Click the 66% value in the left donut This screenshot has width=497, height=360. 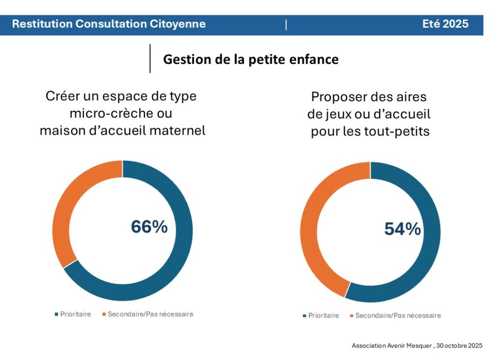coord(149,227)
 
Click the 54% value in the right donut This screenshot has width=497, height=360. coord(402,229)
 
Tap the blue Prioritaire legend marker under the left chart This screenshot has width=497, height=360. coord(56,314)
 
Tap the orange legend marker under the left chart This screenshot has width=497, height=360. coord(104,314)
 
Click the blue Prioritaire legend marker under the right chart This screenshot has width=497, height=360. coord(304,316)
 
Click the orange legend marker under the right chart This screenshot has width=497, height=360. coord(351,316)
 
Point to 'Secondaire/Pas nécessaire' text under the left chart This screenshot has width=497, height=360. coord(150,314)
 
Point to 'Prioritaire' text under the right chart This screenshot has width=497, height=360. coord(324,316)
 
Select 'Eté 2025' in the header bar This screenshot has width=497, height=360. coord(446,24)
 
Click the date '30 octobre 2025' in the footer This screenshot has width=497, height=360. coord(459,346)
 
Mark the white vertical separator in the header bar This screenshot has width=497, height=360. coord(286,25)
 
